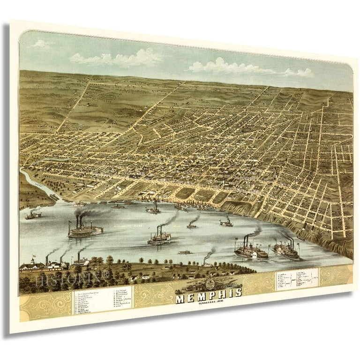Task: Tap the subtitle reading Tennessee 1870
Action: click(x=209, y=302)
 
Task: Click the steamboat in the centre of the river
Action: click(x=159, y=238)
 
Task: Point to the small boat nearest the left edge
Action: click(x=33, y=215)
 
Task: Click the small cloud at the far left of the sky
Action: click(x=40, y=44)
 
